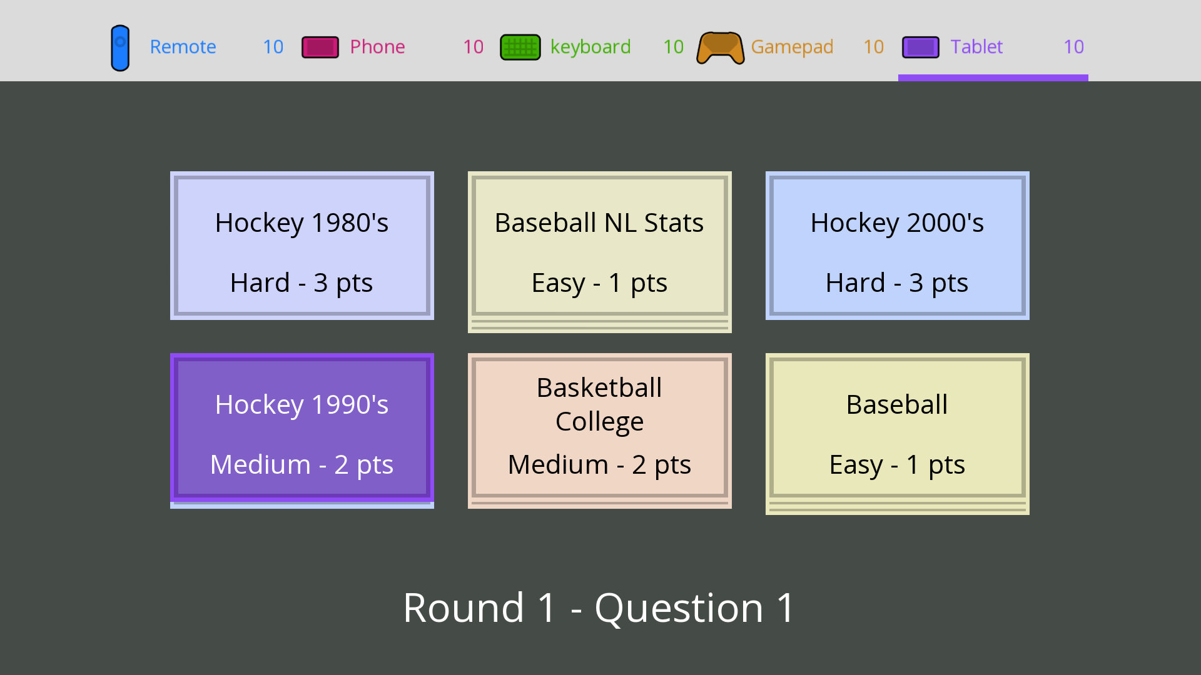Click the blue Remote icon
tap(120, 47)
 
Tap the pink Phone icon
tap(320, 47)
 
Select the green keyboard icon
tap(520, 47)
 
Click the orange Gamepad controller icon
tap(721, 47)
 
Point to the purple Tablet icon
tap(921, 47)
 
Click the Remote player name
tap(183, 47)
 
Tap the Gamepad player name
tap(792, 47)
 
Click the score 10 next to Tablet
tap(1073, 47)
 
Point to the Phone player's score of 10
tap(473, 47)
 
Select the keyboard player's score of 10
tap(673, 47)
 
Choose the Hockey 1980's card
tap(302, 246)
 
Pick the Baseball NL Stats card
tap(600, 246)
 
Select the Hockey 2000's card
tap(898, 246)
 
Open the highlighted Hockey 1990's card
tap(302, 428)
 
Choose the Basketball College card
tap(600, 428)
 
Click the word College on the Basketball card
tap(599, 422)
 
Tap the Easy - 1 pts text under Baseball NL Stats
tap(599, 282)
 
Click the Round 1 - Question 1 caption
tap(599, 607)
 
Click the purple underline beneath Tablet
tap(993, 78)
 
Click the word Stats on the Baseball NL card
tap(674, 223)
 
